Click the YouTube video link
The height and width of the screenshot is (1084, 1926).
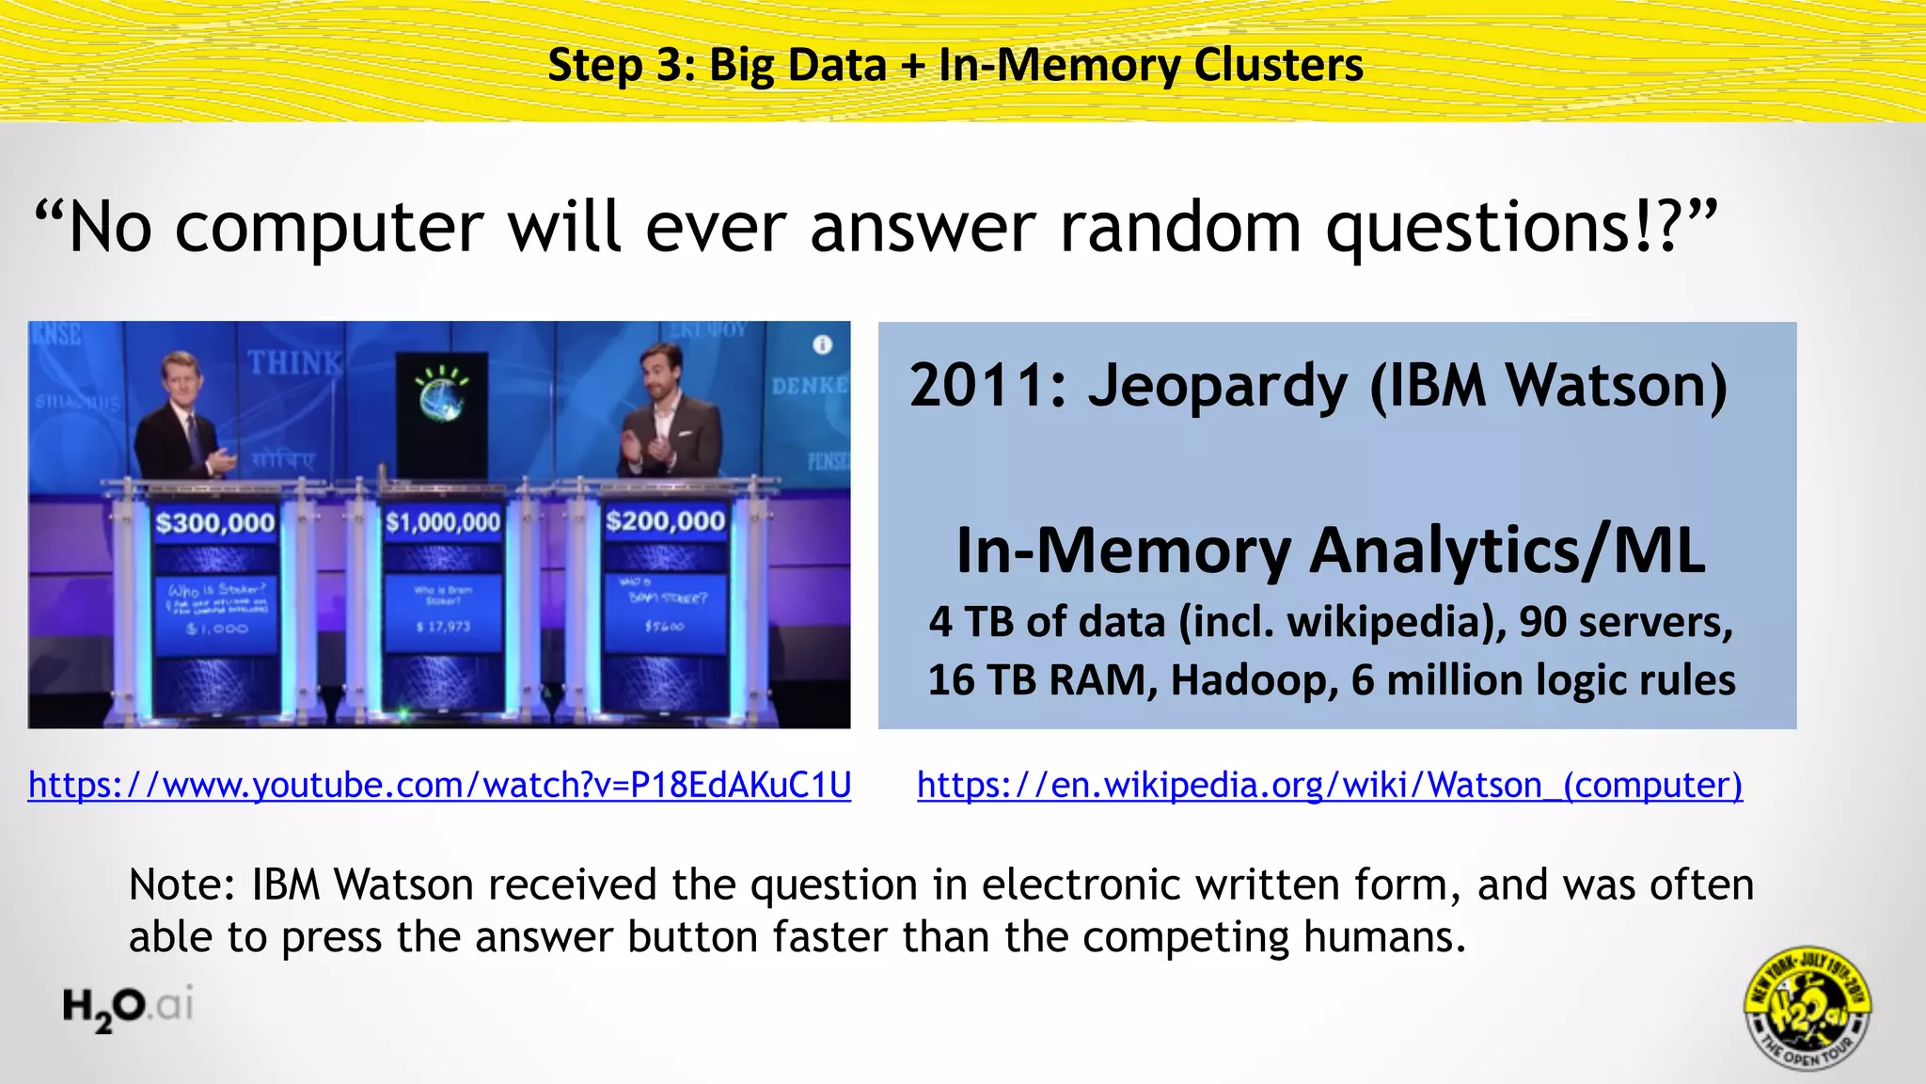coord(439,785)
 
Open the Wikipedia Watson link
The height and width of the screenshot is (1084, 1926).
coord(1329,785)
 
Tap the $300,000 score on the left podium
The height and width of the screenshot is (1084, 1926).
coord(215,523)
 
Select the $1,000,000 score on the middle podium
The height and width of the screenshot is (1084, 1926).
coord(443,522)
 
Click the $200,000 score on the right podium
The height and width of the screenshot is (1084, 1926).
coord(665,521)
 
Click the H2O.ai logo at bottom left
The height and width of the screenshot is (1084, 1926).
coord(128,1007)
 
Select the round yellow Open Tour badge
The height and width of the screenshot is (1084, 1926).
coord(1807,1008)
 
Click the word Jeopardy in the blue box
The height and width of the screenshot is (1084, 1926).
coord(1218,387)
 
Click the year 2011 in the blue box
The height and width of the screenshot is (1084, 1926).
coord(987,387)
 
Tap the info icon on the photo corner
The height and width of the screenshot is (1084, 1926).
coord(822,345)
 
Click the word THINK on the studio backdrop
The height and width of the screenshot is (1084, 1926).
coord(294,362)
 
